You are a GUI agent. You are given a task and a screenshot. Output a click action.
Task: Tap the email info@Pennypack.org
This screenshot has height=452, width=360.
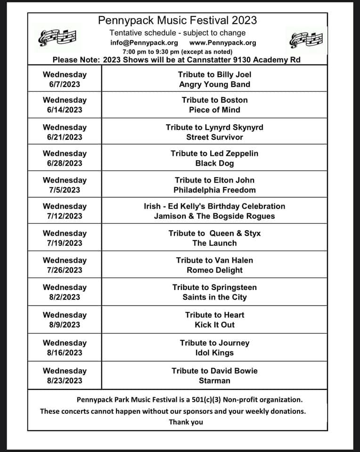[144, 42]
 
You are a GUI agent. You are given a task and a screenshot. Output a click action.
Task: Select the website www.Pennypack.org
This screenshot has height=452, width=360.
[223, 42]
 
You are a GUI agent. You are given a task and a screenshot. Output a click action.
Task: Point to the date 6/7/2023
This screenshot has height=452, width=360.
[65, 85]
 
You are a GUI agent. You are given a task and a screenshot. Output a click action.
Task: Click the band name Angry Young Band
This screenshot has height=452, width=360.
[214, 85]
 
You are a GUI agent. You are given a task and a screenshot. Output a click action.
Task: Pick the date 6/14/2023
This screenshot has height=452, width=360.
[65, 110]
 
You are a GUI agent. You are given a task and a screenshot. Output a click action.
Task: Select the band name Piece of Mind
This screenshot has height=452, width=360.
[214, 110]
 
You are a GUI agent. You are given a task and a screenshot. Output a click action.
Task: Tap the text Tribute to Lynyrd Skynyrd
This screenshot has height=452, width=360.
[214, 127]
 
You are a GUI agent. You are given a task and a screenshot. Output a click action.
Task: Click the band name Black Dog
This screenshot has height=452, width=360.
[214, 163]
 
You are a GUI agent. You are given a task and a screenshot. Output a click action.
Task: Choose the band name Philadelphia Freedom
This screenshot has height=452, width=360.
[214, 190]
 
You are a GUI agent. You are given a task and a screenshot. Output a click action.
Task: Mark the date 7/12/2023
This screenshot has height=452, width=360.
[65, 216]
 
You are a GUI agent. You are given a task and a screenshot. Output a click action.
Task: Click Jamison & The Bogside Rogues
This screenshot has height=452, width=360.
[214, 216]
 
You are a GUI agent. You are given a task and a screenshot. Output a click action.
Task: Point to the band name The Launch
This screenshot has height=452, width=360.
[214, 243]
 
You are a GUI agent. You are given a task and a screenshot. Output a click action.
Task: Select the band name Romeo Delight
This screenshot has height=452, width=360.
[214, 270]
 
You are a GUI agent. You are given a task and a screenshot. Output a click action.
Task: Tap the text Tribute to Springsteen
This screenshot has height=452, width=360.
[214, 287]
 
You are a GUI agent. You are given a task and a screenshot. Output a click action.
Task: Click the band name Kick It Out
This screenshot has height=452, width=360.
[214, 325]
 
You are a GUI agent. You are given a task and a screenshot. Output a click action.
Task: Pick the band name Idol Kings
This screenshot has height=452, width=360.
[214, 353]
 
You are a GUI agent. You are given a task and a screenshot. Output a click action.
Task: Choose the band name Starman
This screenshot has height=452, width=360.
[214, 380]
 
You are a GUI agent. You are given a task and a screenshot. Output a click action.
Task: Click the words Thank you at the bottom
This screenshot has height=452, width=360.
[186, 422]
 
